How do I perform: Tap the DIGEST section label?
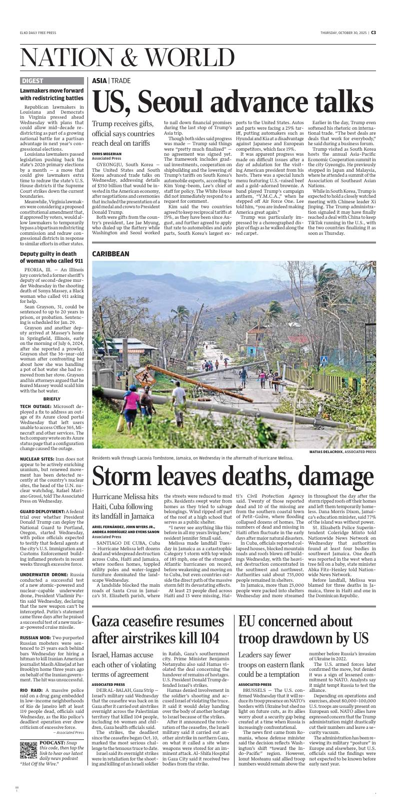tap(32, 81)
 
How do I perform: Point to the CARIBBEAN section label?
tap(110, 254)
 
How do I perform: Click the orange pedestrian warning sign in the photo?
tap(148, 374)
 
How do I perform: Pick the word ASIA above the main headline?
tap(99, 81)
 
